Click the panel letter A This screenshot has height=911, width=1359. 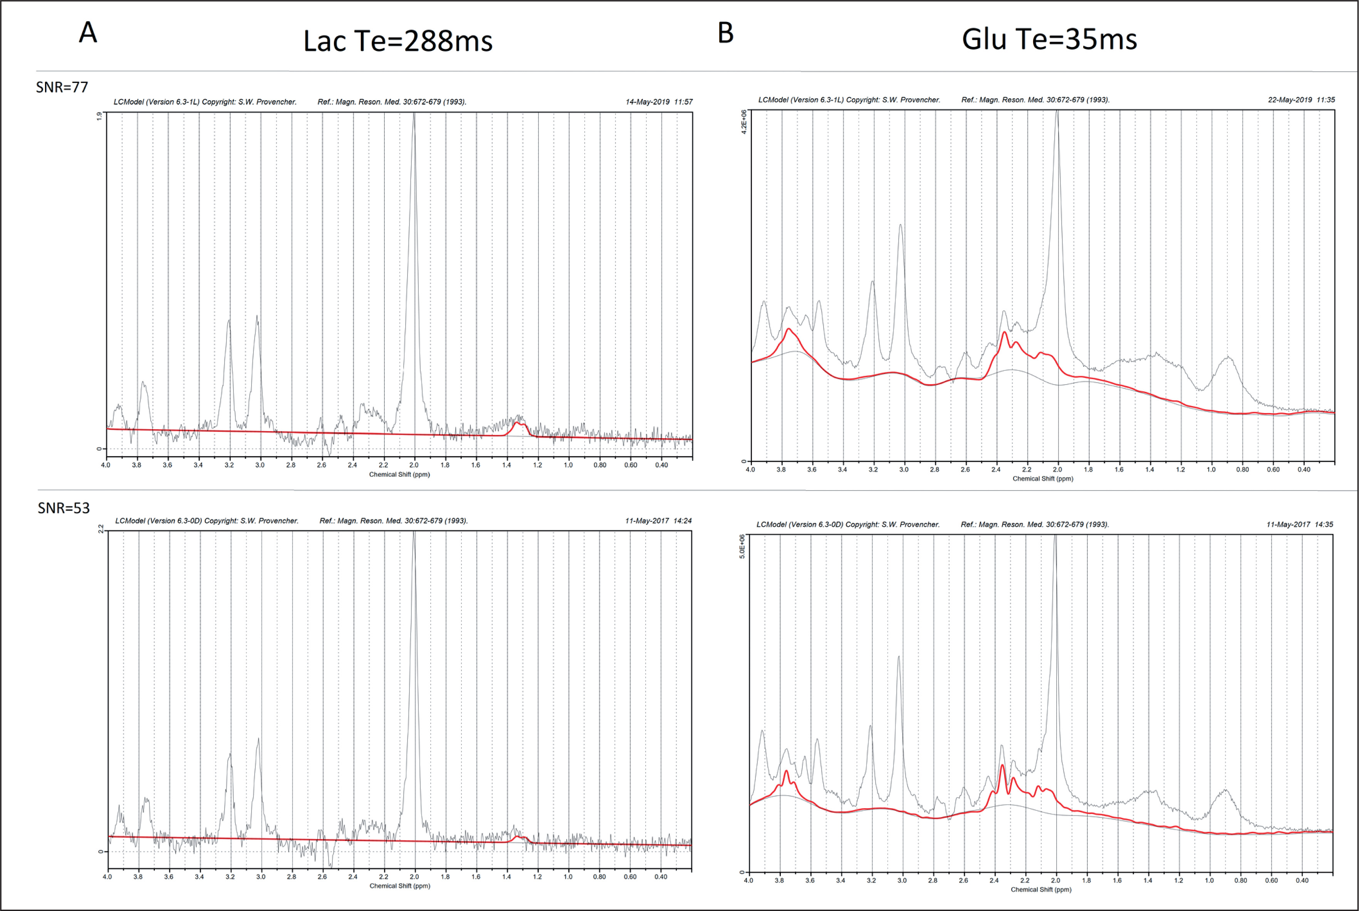88,32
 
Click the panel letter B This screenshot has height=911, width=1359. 725,33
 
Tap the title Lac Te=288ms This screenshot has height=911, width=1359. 398,41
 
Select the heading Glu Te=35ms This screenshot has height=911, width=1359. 1049,40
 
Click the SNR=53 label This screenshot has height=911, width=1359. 64,508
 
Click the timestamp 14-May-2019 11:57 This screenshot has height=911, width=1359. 659,102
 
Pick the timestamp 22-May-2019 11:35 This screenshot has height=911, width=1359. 1301,100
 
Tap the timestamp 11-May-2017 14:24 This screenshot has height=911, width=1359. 658,521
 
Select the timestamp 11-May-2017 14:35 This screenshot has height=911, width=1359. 1299,524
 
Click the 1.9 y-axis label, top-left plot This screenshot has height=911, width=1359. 99,116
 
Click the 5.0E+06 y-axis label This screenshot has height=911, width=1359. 742,547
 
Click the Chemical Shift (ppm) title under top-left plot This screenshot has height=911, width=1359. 399,475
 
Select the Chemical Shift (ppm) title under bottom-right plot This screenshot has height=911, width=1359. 1041,889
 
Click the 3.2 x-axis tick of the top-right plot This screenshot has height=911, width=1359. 873,469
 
